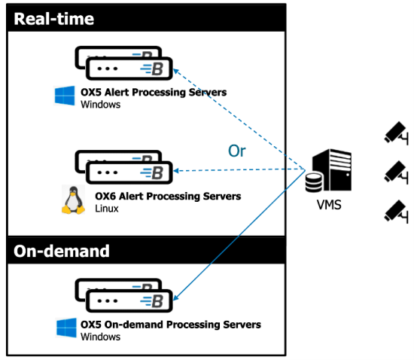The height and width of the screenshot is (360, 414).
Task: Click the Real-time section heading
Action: coord(54,19)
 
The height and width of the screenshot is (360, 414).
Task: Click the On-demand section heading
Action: coord(62,251)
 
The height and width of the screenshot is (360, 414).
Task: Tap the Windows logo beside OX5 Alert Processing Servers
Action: coord(65,96)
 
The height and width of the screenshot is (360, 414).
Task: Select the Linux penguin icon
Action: coord(74,200)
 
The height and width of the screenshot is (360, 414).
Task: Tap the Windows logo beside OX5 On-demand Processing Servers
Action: coord(66,328)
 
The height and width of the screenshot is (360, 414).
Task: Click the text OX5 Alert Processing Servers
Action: coord(154,92)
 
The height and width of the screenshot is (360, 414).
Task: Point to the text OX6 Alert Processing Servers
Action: coord(168,197)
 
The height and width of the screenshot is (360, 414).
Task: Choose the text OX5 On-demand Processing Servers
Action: coord(171,325)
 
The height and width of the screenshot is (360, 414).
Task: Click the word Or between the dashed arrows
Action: coord(237,151)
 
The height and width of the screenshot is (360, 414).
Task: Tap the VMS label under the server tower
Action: coord(329,205)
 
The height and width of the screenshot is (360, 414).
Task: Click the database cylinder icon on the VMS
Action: coord(314,182)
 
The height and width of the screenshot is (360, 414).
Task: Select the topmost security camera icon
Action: coord(396,133)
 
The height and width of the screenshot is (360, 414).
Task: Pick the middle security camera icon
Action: coord(396,172)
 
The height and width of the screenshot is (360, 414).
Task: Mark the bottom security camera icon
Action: coord(396,212)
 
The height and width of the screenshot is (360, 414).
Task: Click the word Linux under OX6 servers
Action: coord(107,209)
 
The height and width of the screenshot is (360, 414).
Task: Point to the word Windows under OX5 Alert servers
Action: coord(101,105)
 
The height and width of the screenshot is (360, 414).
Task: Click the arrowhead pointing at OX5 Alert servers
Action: coord(175,71)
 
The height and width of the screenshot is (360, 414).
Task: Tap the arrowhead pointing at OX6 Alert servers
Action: coord(175,171)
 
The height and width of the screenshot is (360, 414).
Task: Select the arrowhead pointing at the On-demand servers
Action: coord(176,297)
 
